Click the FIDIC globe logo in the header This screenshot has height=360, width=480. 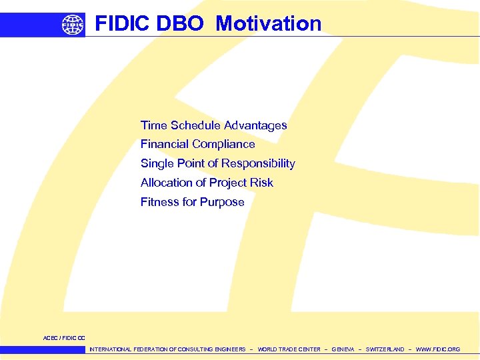click(73, 25)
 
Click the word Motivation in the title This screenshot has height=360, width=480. click(268, 24)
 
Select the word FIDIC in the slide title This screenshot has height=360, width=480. click(122, 24)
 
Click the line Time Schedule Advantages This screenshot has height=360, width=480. click(213, 125)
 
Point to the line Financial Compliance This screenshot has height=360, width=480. click(197, 144)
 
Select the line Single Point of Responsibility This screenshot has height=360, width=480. click(217, 163)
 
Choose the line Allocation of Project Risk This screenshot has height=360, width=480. click(207, 183)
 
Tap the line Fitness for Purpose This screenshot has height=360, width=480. click(192, 202)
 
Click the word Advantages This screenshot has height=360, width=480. click(255, 125)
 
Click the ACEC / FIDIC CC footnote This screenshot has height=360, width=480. click(64, 338)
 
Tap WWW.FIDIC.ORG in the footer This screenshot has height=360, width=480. click(438, 349)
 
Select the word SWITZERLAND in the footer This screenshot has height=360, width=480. click(385, 349)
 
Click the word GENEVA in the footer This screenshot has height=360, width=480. click(343, 349)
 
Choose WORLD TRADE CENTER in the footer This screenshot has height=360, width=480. click(289, 349)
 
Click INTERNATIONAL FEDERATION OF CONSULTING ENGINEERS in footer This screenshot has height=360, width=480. click(167, 349)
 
